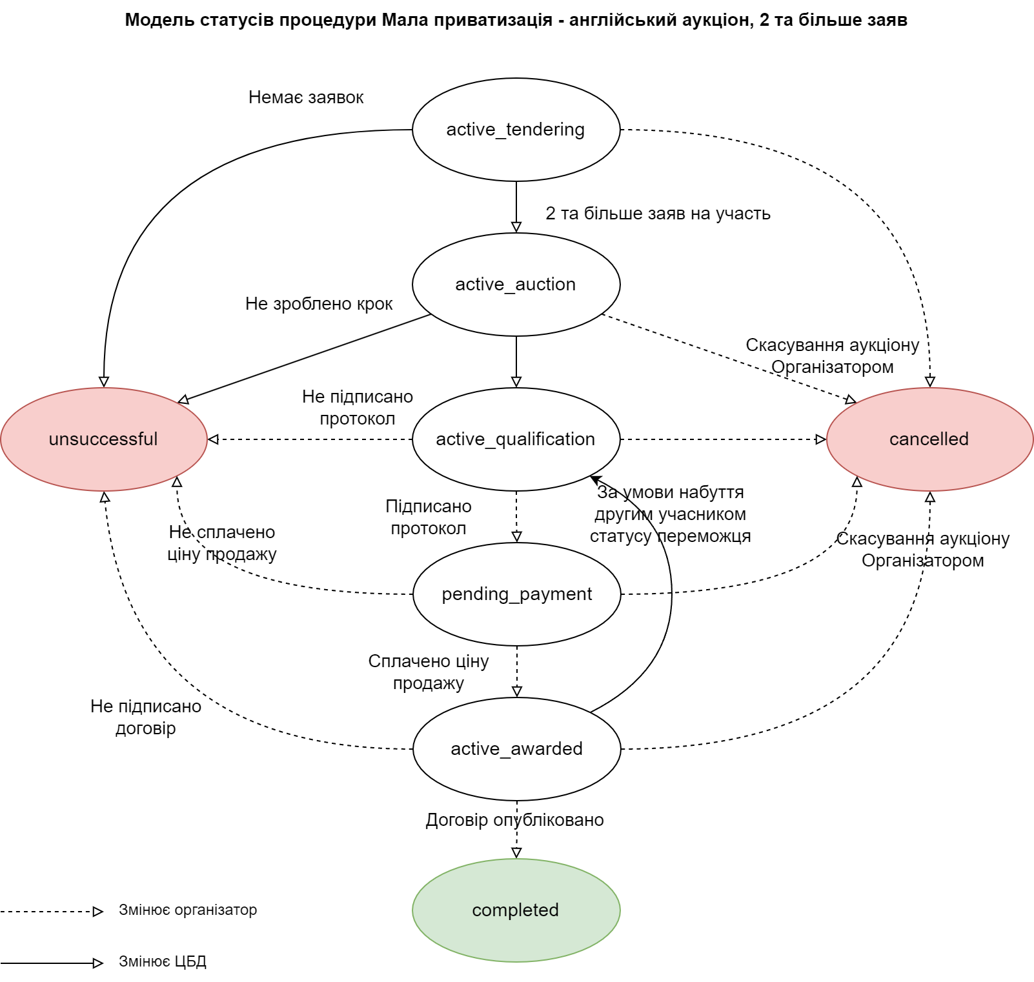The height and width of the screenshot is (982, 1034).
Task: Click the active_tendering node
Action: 516,130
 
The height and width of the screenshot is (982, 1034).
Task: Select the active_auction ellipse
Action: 516,285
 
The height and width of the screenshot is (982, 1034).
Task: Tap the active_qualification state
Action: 516,439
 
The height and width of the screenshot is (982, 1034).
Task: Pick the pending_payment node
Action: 516,594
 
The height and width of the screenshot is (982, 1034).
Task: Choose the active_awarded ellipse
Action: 516,749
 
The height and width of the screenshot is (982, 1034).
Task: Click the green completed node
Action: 516,910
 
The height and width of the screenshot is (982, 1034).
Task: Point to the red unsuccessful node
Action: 103,439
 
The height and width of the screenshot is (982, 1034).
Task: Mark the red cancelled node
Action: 929,439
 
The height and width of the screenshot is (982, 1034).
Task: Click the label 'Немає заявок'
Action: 306,97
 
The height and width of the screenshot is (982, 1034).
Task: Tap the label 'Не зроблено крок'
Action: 319,304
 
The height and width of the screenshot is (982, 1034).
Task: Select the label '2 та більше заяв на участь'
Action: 658,214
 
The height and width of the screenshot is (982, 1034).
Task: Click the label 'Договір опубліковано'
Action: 514,820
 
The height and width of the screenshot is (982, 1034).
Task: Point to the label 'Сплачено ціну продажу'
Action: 429,672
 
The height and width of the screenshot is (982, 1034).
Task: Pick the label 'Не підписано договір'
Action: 146,717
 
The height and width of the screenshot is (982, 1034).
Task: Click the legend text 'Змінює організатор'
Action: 188,910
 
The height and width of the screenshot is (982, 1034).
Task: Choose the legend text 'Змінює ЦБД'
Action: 163,961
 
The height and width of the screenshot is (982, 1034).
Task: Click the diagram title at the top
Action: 516,20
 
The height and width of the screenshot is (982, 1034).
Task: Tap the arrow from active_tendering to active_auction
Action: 516,206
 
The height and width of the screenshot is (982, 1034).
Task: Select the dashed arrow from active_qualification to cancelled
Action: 723,439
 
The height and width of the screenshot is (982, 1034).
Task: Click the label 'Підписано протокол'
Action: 429,517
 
